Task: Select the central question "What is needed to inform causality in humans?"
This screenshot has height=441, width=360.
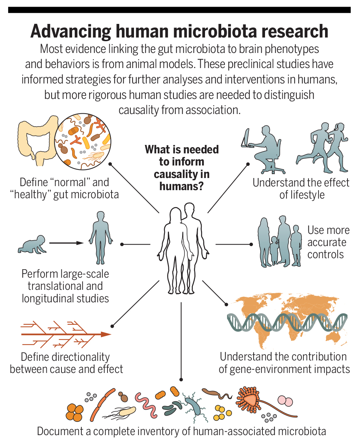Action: click(181, 168)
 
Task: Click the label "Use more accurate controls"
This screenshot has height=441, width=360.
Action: click(328, 242)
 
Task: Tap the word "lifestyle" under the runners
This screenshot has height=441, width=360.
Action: click(302, 195)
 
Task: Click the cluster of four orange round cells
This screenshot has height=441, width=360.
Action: click(75, 412)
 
